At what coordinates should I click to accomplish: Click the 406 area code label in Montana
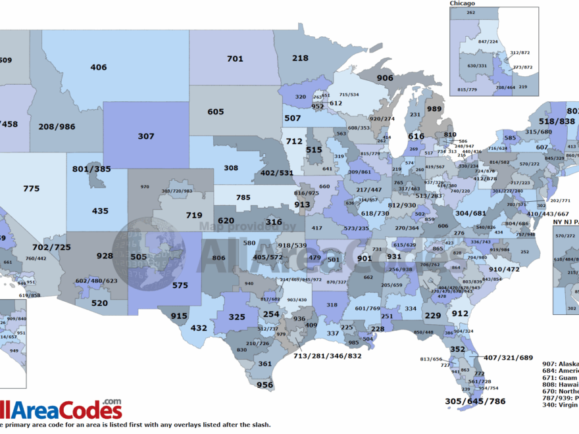(99, 67)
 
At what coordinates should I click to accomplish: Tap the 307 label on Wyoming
(146, 136)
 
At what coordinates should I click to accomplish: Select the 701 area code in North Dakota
(235, 59)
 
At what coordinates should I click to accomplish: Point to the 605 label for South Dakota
(216, 112)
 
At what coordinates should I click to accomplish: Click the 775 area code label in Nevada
(31, 189)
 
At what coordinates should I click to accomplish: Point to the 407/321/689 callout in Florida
(508, 358)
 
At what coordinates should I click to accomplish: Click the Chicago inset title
(462, 3)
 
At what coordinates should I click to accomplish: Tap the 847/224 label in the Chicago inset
(488, 41)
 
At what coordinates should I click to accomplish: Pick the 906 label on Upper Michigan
(385, 78)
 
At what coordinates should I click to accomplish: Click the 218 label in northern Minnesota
(300, 59)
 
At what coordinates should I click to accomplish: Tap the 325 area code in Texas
(238, 317)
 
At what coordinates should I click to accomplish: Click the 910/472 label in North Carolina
(504, 270)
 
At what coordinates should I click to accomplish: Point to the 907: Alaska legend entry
(559, 364)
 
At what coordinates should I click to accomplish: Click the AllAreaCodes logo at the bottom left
(61, 409)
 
